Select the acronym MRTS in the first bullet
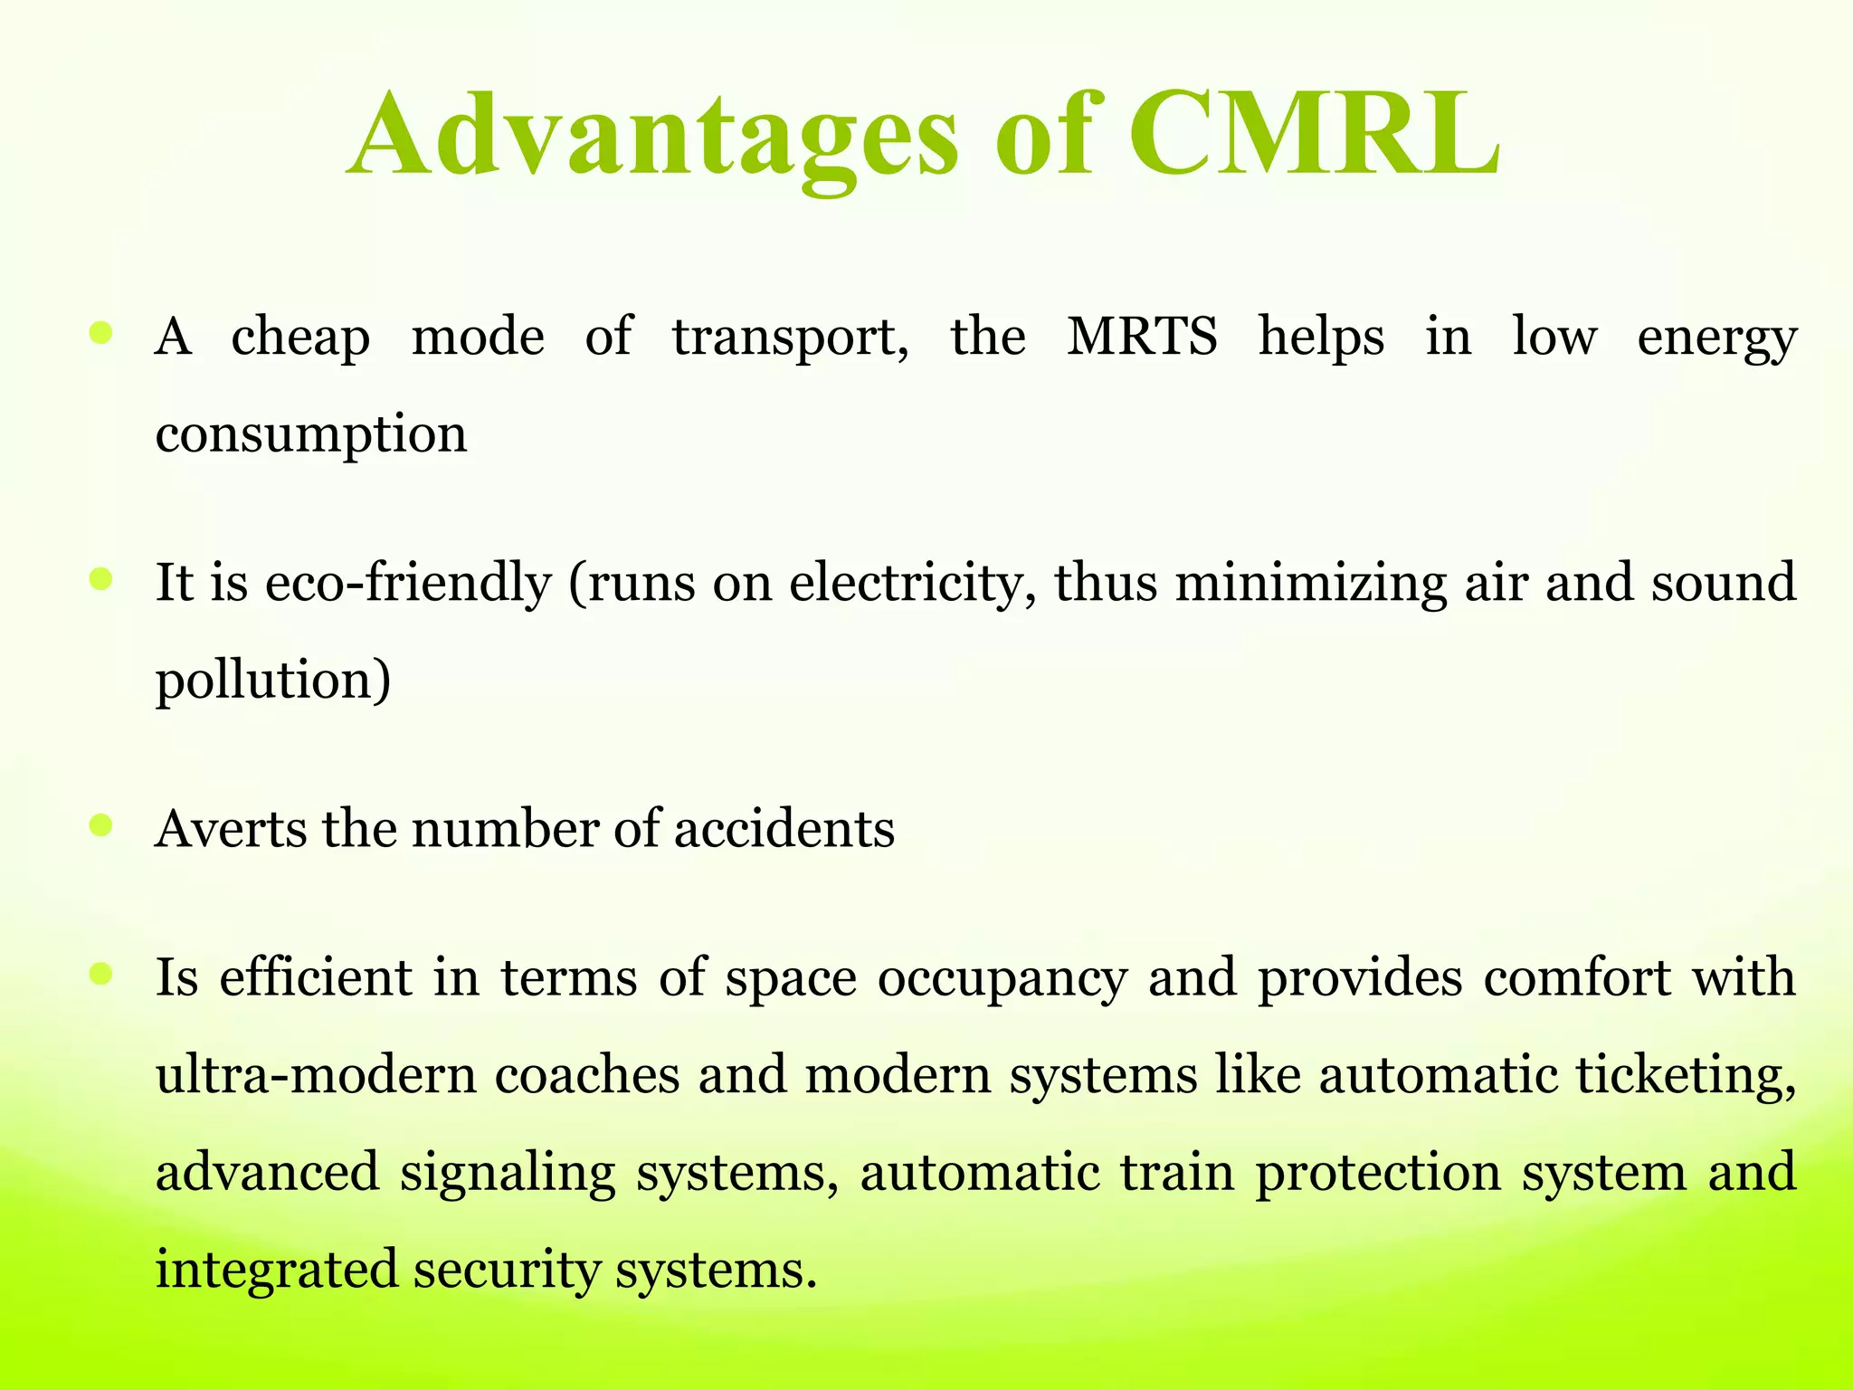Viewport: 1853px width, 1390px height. [x=1142, y=337]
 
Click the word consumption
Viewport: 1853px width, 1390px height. [x=311, y=434]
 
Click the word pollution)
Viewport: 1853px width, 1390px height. [x=273, y=681]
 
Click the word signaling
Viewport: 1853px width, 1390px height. [x=508, y=1174]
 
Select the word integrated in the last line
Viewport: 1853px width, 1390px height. [x=277, y=1270]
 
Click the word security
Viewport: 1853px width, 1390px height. [x=507, y=1270]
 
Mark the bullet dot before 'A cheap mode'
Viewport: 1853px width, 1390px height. [x=101, y=334]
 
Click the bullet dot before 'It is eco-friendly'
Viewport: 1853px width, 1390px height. [x=101, y=579]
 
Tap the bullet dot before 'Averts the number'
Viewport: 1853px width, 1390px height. [x=101, y=825]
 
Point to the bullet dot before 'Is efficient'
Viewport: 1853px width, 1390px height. [x=101, y=975]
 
